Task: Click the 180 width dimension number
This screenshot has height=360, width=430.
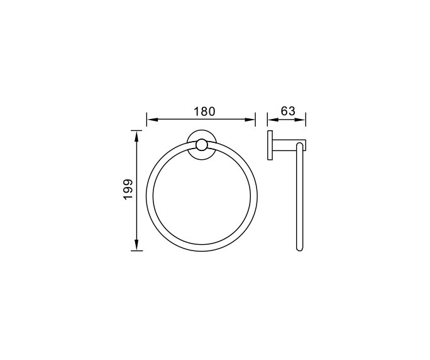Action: pos(204,111)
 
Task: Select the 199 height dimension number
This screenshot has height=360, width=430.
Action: pos(128,189)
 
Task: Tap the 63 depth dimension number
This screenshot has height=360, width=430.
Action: pos(287,111)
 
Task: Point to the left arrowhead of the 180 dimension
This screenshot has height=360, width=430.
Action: pos(150,118)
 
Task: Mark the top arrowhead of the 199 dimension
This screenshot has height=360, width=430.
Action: pos(136,133)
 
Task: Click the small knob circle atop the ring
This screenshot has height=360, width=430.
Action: pos(201,146)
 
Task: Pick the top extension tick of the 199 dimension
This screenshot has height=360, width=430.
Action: pos(136,129)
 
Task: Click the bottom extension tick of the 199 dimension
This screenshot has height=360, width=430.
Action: pos(136,250)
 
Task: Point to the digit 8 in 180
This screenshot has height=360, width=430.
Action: pos(204,111)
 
